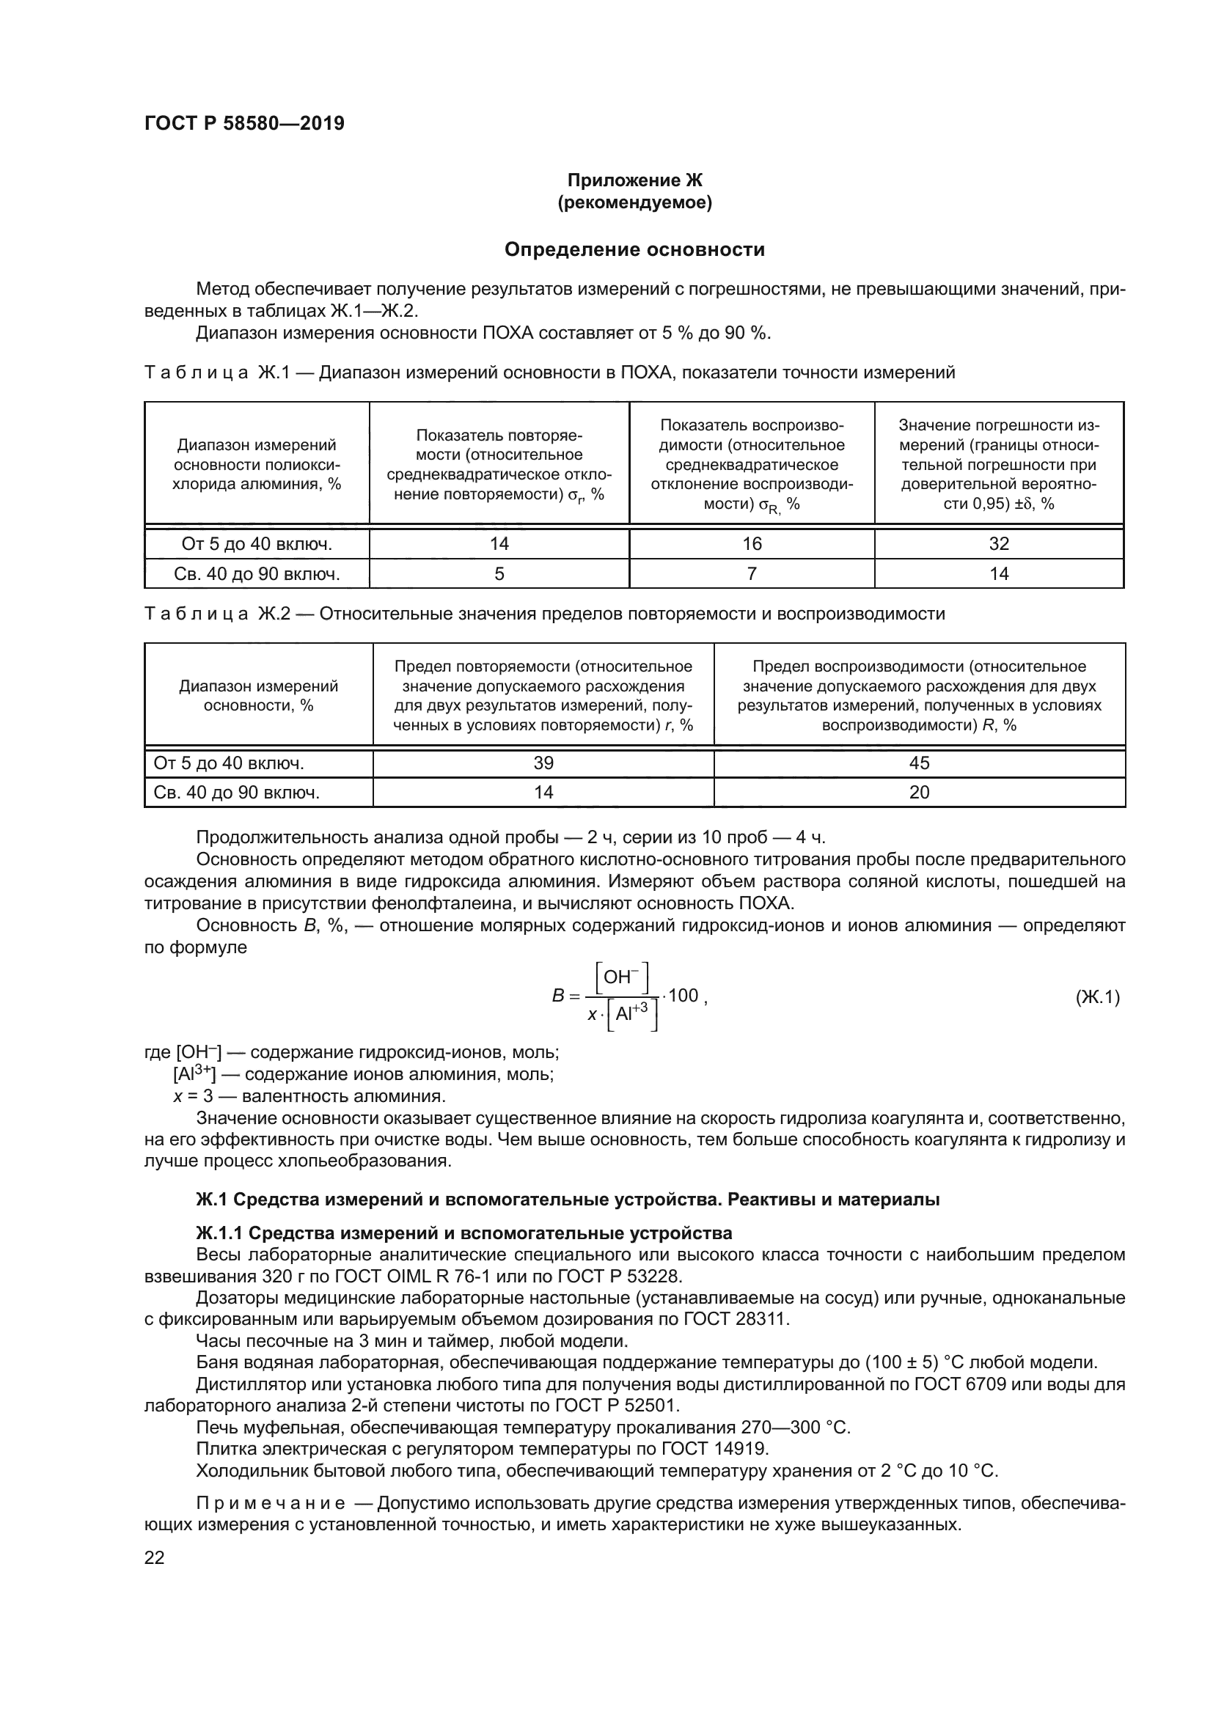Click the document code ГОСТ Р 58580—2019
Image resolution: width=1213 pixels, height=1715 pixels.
coord(244,123)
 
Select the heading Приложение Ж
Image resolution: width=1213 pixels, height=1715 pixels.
coord(634,180)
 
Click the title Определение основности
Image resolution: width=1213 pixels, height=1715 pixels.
coord(634,249)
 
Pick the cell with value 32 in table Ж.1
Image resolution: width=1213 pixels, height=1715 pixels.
coord(999,544)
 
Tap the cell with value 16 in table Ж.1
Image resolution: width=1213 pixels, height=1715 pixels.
coord(752,544)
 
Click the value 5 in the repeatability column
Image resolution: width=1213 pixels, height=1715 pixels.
coord(499,573)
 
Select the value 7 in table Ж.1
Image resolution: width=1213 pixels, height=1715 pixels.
coord(752,573)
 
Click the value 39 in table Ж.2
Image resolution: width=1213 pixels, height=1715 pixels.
coord(543,763)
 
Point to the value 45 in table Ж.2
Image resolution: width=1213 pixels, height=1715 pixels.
coord(919,763)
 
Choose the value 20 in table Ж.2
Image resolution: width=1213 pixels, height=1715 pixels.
coord(919,793)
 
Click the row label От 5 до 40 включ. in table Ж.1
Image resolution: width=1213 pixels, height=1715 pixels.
coord(256,544)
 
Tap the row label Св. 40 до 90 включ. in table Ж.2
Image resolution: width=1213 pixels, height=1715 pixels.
coord(237,793)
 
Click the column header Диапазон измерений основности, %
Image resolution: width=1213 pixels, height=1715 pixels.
coord(258,695)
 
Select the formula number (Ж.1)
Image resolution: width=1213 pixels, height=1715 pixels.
coord(1097,997)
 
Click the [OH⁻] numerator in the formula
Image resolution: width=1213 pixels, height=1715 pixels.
coord(620,977)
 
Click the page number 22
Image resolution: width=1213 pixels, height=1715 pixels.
coord(154,1558)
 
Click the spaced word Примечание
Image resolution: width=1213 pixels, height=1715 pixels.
coord(271,1503)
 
